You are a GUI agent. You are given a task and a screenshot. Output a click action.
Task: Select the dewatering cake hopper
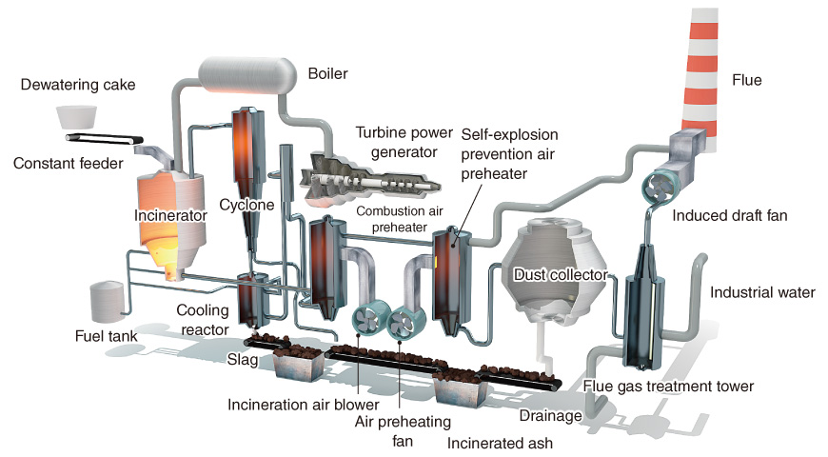coord(77,117)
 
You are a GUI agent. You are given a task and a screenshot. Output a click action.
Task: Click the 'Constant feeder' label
coord(68,164)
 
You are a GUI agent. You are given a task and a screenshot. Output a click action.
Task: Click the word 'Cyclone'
coord(246,205)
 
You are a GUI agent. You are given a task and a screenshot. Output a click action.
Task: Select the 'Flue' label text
coord(746,80)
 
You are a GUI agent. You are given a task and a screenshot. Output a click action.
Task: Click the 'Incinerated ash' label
coord(502,443)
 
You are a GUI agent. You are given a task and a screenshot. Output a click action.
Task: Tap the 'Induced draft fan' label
coord(729,215)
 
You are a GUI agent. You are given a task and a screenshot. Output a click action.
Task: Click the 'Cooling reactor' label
coord(203,320)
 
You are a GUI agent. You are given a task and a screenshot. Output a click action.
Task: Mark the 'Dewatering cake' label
coord(77,85)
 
